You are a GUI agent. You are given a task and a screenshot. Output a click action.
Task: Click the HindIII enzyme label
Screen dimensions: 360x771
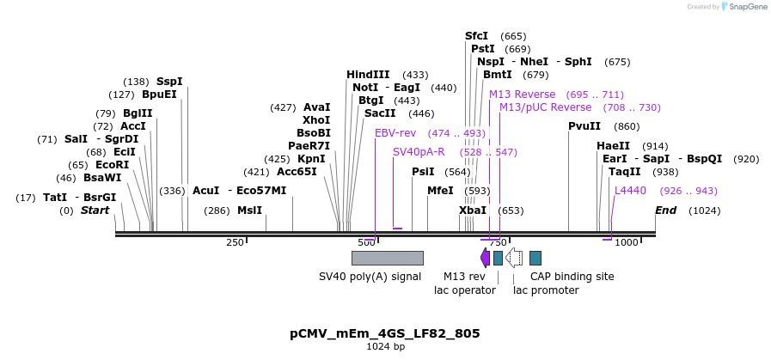coord(368,75)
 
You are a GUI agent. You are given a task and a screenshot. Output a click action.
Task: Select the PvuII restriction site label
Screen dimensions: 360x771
coord(584,126)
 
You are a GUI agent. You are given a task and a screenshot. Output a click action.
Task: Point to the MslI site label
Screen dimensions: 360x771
coord(250,211)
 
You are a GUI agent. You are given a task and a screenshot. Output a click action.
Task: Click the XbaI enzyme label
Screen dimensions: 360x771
coord(473,211)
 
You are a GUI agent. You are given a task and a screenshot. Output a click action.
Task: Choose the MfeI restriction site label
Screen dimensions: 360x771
coord(440,191)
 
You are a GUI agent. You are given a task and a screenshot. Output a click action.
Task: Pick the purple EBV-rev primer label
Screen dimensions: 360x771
coord(395,133)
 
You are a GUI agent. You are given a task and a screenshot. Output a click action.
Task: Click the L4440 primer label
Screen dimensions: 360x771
coord(630,191)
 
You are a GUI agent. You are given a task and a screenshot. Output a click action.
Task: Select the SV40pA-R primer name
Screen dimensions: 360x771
coord(419,152)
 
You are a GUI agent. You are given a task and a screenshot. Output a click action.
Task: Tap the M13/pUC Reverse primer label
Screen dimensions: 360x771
coord(545,107)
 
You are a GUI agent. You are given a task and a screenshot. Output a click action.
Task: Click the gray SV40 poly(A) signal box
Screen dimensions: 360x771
coord(387,258)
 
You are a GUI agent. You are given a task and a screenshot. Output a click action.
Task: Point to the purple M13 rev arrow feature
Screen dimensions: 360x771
coord(485,257)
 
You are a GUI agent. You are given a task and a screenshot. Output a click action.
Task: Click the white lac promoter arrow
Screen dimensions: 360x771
coord(514,257)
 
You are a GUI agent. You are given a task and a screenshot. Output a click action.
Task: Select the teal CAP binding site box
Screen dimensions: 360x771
coord(535,258)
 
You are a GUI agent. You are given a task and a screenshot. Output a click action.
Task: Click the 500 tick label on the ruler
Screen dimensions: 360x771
coord(366,243)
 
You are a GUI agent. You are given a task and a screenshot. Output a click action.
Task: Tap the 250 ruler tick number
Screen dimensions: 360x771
coord(235,243)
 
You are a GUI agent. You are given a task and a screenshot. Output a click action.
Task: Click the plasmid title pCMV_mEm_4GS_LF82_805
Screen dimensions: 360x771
coord(384,333)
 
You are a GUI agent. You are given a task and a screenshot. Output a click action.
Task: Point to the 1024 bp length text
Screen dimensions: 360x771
coord(384,347)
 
